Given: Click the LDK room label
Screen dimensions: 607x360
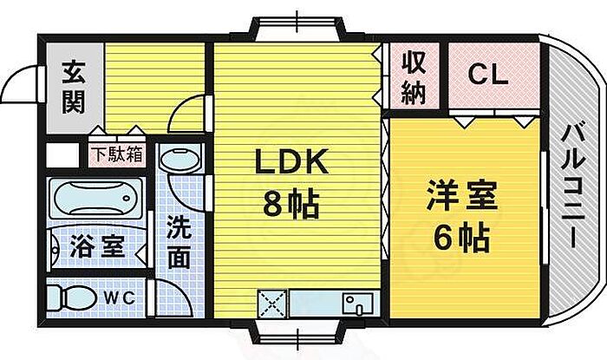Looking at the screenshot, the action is [x=292, y=161].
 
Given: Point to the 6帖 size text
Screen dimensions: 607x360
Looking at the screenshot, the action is [x=462, y=237].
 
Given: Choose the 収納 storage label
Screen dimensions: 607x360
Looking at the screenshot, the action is [x=414, y=78].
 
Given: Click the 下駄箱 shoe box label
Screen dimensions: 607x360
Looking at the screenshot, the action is [x=117, y=154].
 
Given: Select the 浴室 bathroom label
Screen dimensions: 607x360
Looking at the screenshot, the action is [x=97, y=245].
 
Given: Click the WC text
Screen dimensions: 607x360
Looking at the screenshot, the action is [x=119, y=298].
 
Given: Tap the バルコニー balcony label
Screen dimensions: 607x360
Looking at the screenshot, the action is [x=573, y=185].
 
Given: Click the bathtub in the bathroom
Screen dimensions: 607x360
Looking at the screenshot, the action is [x=95, y=198].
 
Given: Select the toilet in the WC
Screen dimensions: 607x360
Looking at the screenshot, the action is [x=71, y=298].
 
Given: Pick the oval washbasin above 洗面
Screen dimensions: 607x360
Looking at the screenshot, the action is [x=180, y=159].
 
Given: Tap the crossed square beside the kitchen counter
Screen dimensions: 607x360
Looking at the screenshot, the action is [x=272, y=304].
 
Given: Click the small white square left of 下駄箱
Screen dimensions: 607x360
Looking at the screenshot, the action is [x=62, y=154].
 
